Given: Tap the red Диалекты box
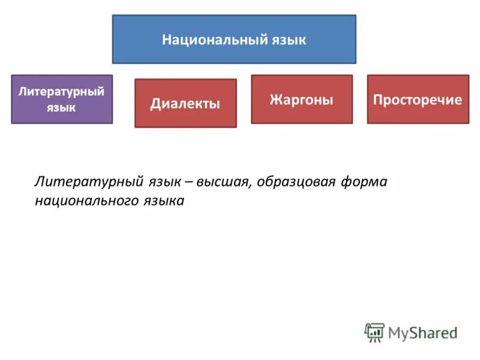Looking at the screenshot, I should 185,103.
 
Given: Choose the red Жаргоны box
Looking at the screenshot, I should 302,99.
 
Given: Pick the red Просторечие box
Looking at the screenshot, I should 418,99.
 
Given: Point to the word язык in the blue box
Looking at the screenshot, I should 288,40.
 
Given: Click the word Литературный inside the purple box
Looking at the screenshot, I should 62,92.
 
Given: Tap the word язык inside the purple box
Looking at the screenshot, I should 62,107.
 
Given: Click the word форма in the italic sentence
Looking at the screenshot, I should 365,182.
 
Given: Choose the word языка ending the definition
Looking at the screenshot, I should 163,201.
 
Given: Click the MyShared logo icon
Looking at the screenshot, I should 374,332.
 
